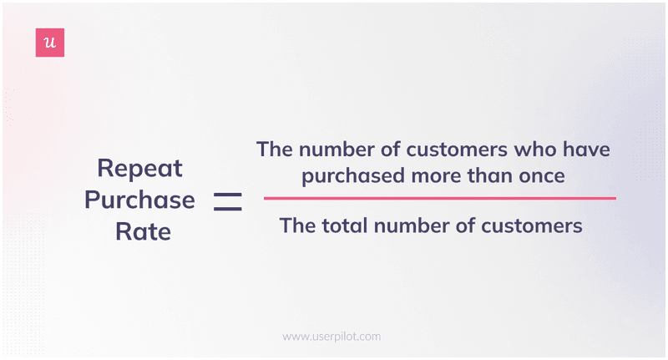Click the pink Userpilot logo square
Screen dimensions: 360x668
(50, 43)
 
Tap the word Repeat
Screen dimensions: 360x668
(139, 169)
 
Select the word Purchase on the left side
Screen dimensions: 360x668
(139, 200)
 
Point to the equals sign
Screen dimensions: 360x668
(227, 200)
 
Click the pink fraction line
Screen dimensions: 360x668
(439, 198)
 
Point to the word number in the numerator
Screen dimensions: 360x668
(334, 150)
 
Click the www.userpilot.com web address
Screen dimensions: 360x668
(331, 337)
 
